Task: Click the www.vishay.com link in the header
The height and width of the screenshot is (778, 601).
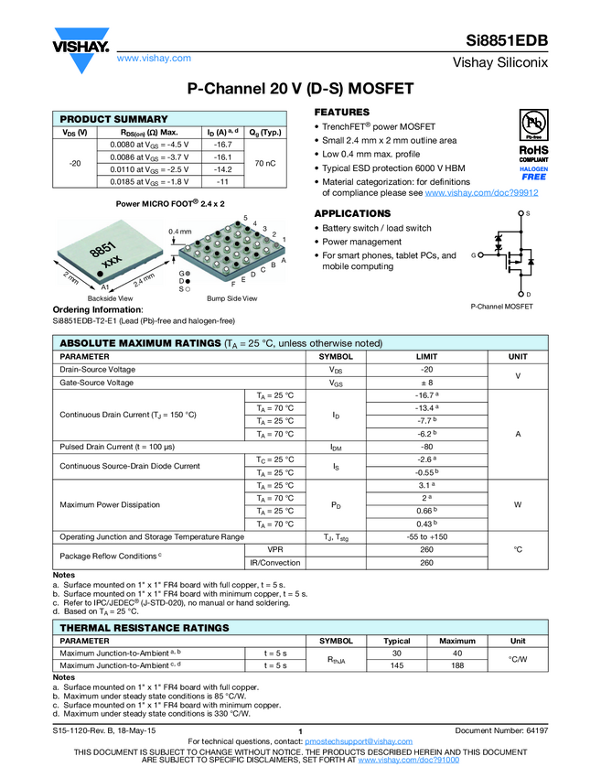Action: pos(154,59)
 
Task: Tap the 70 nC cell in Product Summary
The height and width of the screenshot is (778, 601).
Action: pos(265,163)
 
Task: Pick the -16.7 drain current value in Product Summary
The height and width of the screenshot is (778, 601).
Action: pos(222,145)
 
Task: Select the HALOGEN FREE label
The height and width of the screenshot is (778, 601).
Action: pos(533,173)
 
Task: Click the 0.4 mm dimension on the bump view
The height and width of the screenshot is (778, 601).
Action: pos(180,232)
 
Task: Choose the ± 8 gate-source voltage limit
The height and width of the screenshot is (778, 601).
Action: pos(426,383)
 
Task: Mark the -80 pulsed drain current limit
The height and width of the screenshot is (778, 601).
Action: pos(426,447)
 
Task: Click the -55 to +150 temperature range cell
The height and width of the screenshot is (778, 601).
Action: pos(426,536)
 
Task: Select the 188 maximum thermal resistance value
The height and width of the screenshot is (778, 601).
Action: pos(456,665)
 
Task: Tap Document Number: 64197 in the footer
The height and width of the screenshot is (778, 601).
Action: pos(501,730)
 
